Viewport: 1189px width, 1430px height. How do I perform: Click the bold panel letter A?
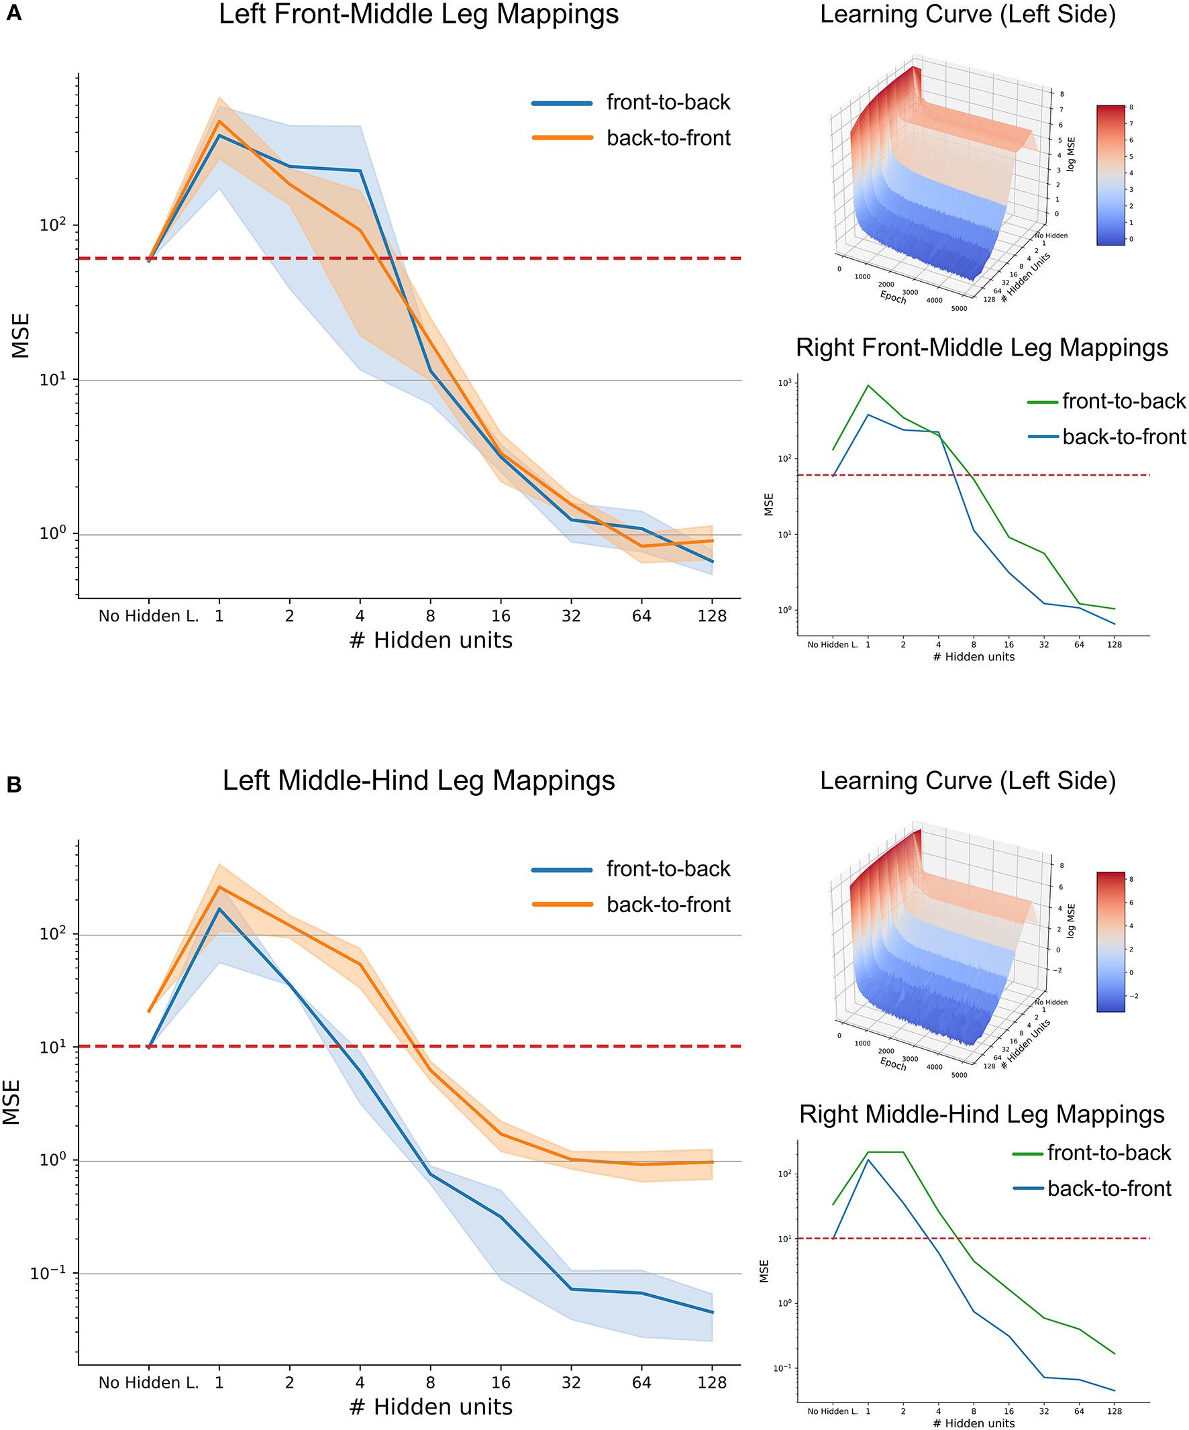click(13, 13)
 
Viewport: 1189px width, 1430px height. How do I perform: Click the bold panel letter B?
click(13, 785)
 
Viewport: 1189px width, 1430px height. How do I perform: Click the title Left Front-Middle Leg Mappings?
click(418, 14)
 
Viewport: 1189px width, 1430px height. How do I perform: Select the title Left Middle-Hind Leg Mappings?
click(418, 780)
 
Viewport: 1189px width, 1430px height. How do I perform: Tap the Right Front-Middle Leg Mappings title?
click(981, 348)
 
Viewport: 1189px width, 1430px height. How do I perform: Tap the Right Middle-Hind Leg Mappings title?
click(981, 1114)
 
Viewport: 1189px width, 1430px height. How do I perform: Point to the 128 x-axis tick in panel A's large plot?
click(712, 616)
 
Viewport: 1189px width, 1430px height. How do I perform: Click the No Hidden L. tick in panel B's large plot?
click(148, 1383)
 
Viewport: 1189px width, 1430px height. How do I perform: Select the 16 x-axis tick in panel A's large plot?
click(501, 616)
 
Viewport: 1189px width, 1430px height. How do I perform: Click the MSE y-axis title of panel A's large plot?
click(20, 335)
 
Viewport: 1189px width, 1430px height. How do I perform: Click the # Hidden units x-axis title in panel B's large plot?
click(430, 1407)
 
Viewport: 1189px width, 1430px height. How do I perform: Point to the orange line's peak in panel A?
click(219, 121)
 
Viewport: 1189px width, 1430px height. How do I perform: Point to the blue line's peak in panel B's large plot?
click(219, 909)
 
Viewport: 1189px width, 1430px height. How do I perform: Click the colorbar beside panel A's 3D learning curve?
click(1110, 175)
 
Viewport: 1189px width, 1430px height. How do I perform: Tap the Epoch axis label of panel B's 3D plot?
click(893, 1064)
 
